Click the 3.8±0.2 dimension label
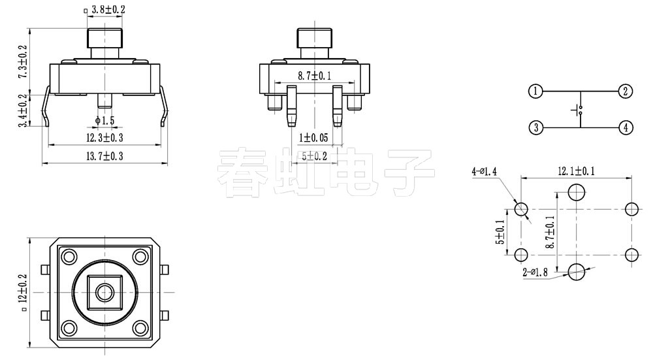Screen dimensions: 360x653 pyautogui.click(x=108, y=10)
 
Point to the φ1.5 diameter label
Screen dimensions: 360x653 pyautogui.click(x=104, y=120)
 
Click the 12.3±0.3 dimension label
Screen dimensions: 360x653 pyautogui.click(x=105, y=137)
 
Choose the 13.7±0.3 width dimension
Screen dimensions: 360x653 pyautogui.click(x=105, y=155)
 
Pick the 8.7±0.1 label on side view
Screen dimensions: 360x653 pyautogui.click(x=315, y=76)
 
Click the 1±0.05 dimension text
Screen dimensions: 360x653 pyautogui.click(x=314, y=137)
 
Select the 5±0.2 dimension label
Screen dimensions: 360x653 pyautogui.click(x=314, y=155)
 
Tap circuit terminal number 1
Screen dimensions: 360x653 pyautogui.click(x=535, y=91)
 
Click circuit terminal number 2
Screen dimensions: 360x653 pyautogui.click(x=625, y=91)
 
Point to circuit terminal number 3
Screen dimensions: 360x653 pyautogui.click(x=535, y=127)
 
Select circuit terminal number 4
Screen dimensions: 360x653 pyautogui.click(x=625, y=127)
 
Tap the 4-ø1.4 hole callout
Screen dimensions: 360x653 pyautogui.click(x=484, y=171)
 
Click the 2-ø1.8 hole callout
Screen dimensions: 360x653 pyautogui.click(x=536, y=272)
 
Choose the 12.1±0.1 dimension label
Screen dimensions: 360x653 pyautogui.click(x=576, y=171)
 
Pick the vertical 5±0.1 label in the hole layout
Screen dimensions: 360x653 pyautogui.click(x=501, y=231)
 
